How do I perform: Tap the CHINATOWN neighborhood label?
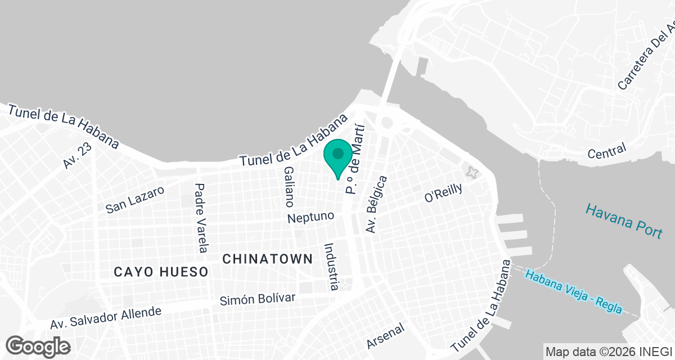pos(267,259)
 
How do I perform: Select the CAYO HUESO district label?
pos(161,272)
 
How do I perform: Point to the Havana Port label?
pos(624,220)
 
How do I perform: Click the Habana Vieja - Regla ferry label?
pos(573,292)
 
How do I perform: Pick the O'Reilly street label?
pos(443,192)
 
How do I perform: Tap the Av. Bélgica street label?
pos(376,204)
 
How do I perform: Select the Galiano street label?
pos(289,187)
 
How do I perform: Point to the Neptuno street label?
pos(310,217)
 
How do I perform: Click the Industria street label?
pos(331,267)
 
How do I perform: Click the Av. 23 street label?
pos(77,155)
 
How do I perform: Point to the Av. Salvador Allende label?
pos(106,318)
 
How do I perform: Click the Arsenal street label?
pos(386,335)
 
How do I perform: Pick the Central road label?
pos(606,151)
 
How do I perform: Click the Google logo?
pos(38,345)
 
